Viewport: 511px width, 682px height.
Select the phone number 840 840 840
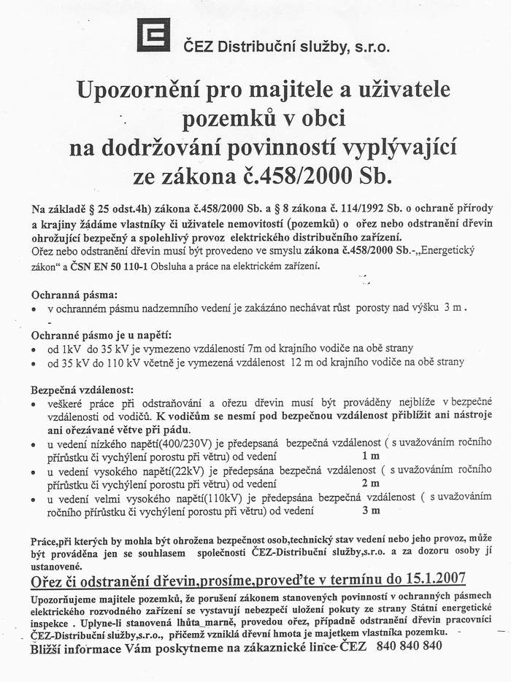[x=410, y=646]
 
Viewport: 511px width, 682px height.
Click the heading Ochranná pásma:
[x=74, y=295]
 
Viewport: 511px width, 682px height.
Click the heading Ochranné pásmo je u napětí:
[x=101, y=335]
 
